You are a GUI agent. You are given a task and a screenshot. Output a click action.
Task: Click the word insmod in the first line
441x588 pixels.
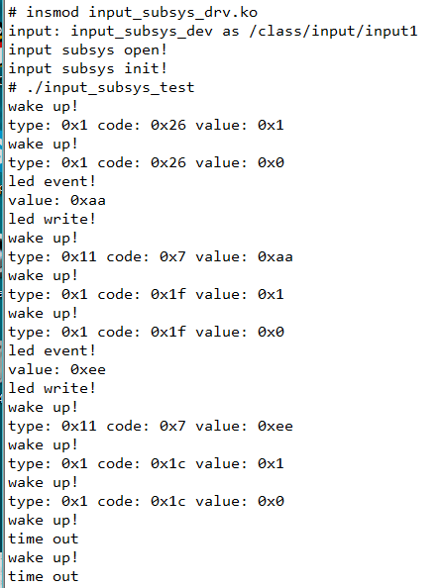coord(53,13)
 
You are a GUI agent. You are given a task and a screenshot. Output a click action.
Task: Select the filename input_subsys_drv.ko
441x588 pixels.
coord(173,13)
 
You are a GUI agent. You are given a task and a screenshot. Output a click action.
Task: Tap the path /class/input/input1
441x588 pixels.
coord(333,32)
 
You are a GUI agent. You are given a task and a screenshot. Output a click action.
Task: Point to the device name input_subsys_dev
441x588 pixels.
coord(142,32)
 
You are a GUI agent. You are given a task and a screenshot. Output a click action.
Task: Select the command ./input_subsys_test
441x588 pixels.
coord(111,88)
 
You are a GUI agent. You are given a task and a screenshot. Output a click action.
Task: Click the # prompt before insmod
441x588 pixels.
coord(12,13)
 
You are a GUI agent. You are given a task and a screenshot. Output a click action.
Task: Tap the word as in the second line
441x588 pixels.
coord(231,32)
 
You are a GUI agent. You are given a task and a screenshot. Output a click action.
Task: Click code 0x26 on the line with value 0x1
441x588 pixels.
coord(168,126)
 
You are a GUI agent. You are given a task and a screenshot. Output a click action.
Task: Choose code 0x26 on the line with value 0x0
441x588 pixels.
coord(168,162)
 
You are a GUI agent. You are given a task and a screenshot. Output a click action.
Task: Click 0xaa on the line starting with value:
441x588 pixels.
coord(88,201)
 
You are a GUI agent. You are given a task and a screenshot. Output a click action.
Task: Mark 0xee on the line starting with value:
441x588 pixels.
coord(88,370)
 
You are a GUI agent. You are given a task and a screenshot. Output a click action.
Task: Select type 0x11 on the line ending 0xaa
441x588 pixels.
coord(79,256)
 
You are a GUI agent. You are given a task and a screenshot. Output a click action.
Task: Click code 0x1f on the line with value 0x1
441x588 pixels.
coord(168,294)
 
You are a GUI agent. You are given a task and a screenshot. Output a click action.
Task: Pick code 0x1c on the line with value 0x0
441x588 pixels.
coord(168,501)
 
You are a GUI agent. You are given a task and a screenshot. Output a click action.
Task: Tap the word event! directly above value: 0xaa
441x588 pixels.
coord(69,181)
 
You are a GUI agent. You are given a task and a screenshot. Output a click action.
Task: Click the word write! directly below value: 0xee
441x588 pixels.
coord(69,388)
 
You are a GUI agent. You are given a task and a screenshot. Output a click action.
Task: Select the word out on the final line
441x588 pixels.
coord(65,577)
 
